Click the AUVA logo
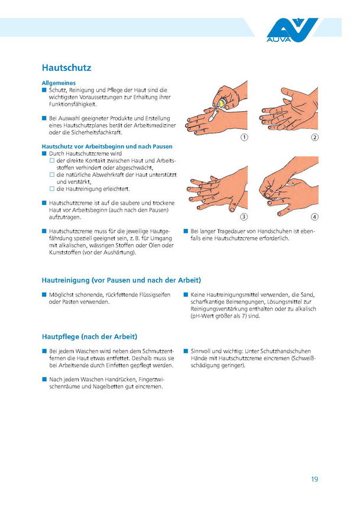pyautogui.click(x=291, y=30)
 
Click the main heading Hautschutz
pyautogui.click(x=66, y=67)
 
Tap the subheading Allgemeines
pyautogui.click(x=59, y=83)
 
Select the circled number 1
pyautogui.click(x=244, y=137)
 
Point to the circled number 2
pyautogui.click(x=314, y=137)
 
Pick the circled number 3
pyautogui.click(x=244, y=217)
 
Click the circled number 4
pyautogui.click(x=314, y=217)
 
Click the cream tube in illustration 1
pyautogui.click(x=222, y=103)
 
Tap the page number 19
pyautogui.click(x=314, y=479)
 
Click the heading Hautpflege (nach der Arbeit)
pyautogui.click(x=89, y=336)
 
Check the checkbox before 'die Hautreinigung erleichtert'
pyautogui.click(x=52, y=189)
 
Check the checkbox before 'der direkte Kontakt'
pyautogui.click(x=52, y=160)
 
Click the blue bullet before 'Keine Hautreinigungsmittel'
pyautogui.click(x=186, y=294)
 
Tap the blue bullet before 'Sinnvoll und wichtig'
pyautogui.click(x=186, y=351)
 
